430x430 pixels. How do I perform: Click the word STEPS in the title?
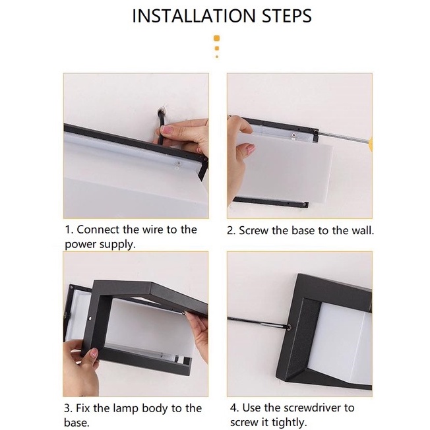(x=287, y=16)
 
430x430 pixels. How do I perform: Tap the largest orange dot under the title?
(x=216, y=38)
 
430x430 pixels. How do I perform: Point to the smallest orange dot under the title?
(x=217, y=57)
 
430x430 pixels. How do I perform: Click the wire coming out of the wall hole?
(x=161, y=126)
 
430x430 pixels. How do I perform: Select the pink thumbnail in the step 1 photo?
(x=167, y=129)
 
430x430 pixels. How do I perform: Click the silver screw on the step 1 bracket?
(x=178, y=164)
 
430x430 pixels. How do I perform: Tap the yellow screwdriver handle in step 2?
(x=371, y=144)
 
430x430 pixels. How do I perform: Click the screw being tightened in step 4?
(x=289, y=327)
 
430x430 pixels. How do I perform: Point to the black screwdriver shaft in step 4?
(x=257, y=322)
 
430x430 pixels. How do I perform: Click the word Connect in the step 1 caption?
(x=98, y=230)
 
